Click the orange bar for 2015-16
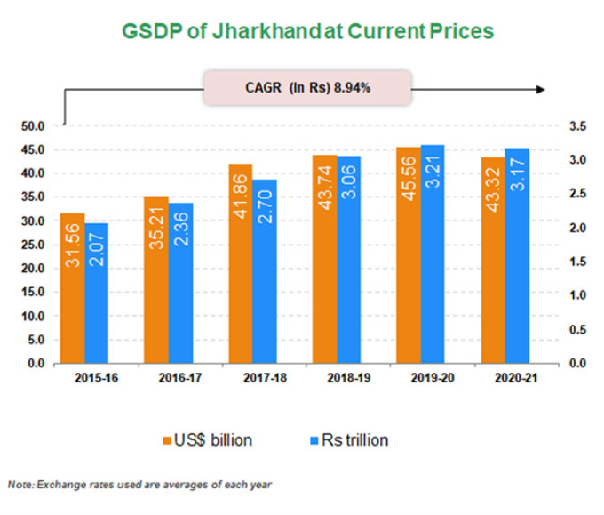[x=73, y=288]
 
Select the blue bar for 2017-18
[x=264, y=271]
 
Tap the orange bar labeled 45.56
[x=408, y=254]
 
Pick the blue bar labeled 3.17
[x=516, y=255]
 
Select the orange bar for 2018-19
[x=324, y=259]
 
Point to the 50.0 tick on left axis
[x=32, y=126]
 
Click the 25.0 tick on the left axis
[x=32, y=245]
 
